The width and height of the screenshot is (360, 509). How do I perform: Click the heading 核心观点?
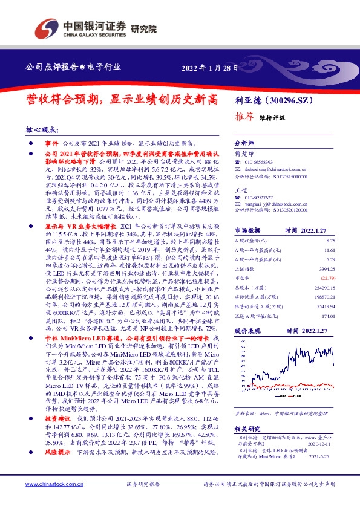(42, 129)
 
